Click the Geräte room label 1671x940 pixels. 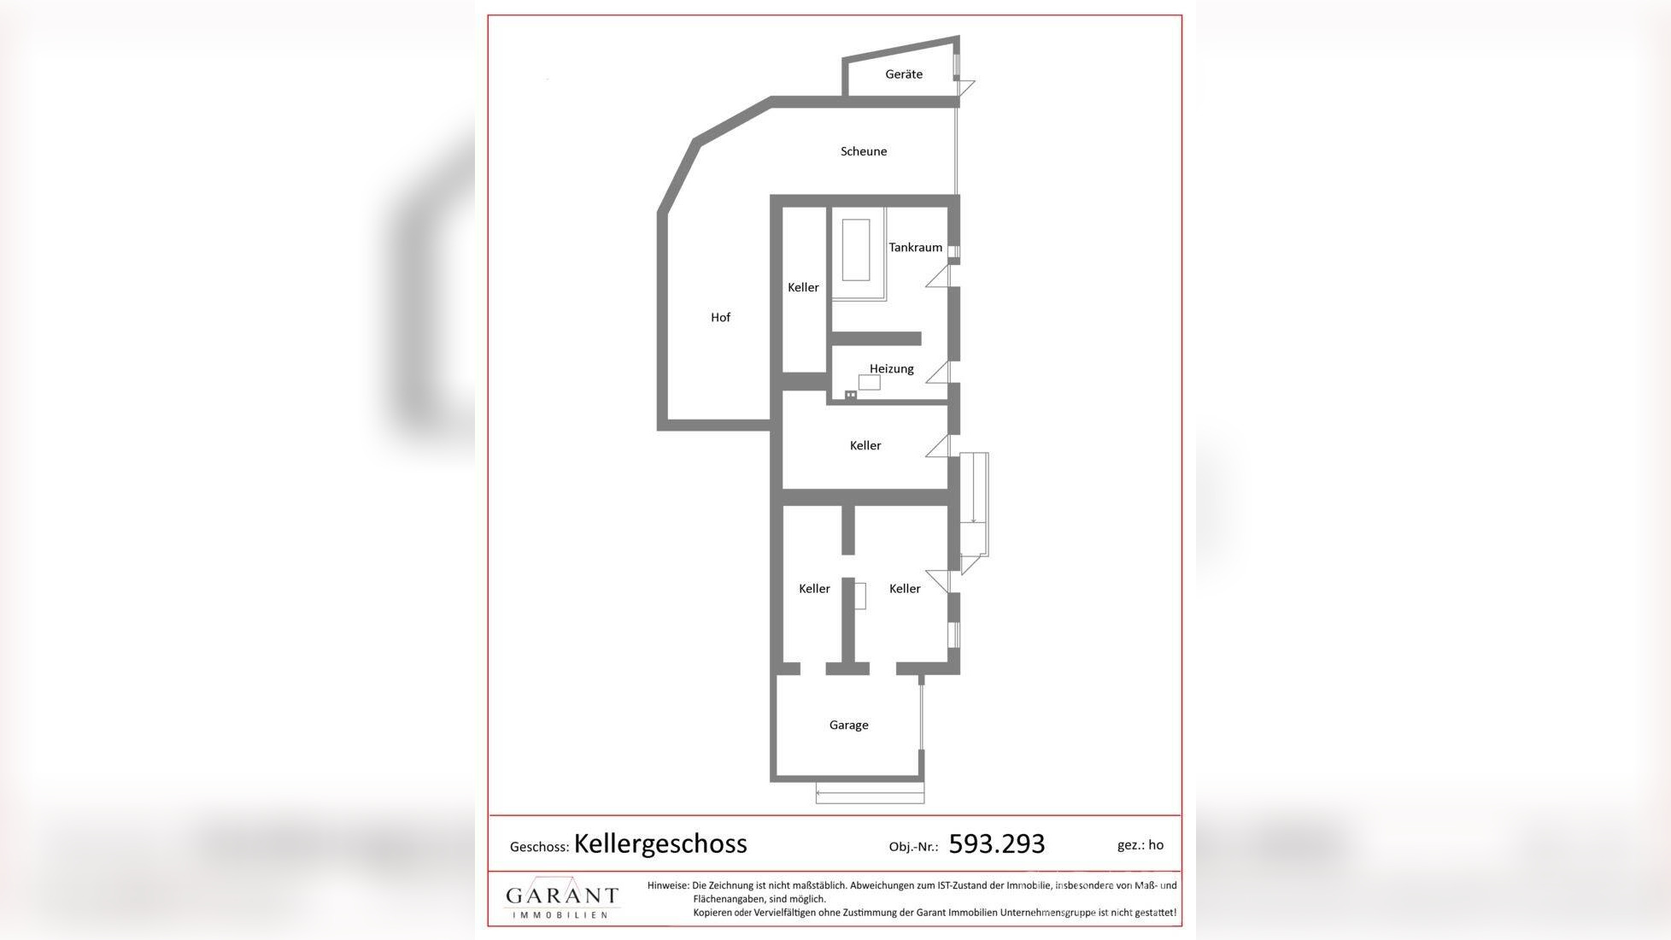903,74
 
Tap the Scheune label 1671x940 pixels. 863,151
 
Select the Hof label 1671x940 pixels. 720,317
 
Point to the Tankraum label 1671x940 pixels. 915,247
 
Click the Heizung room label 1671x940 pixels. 891,368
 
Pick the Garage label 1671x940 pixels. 848,725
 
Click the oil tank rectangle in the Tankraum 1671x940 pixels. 855,250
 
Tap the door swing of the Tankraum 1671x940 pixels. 939,276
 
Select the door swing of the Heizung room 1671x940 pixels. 939,373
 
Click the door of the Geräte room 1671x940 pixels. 964,87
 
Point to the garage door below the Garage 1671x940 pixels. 869,795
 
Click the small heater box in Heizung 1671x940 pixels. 869,383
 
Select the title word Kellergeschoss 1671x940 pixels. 660,843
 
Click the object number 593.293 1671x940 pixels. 996,844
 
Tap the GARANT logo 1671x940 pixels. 561,898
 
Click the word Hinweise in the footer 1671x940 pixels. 667,885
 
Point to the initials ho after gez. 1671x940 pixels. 1156,844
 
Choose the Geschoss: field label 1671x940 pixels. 539,847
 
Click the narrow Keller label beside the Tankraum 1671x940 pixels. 802,287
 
